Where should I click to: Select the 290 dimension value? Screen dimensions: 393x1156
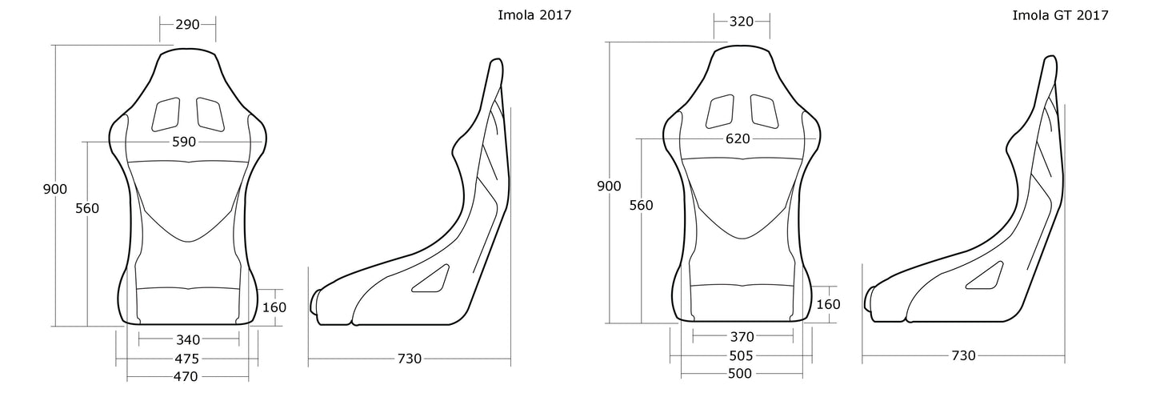(187, 24)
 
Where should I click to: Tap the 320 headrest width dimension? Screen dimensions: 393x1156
(742, 21)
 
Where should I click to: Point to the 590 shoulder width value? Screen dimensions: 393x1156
(185, 142)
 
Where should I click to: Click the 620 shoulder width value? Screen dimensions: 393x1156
(738, 138)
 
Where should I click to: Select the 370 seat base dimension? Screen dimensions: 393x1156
(742, 336)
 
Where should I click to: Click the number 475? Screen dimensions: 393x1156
(187, 358)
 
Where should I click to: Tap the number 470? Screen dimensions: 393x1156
(187, 375)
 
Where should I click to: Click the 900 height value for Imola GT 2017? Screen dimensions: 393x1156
(609, 186)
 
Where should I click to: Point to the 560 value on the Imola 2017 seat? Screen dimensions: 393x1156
(86, 209)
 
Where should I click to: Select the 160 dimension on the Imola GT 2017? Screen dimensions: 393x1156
(829, 303)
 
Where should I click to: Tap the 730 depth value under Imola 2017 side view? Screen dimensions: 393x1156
(409, 359)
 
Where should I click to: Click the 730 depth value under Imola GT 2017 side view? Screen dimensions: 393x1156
(963, 355)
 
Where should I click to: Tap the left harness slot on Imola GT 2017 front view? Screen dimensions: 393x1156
(720, 111)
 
